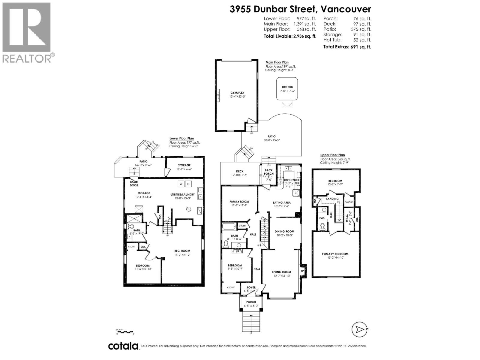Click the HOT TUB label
[287, 87]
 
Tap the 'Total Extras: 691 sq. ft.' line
[347, 47]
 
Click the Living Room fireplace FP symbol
[303, 271]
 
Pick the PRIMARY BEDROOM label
[335, 254]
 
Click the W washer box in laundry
[181, 184]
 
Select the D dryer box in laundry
[188, 184]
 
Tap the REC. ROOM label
[182, 251]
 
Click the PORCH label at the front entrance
[251, 302]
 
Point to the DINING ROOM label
[284, 232]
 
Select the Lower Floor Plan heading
[182, 139]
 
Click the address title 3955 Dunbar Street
[300, 9]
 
